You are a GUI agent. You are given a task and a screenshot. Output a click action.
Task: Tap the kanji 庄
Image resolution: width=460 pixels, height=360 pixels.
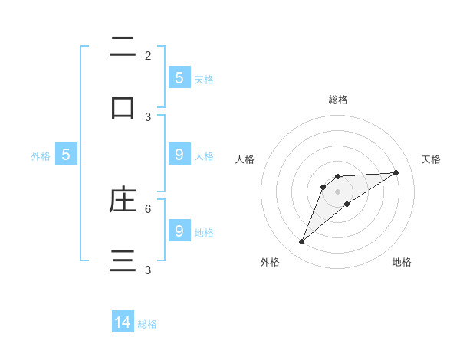(123, 200)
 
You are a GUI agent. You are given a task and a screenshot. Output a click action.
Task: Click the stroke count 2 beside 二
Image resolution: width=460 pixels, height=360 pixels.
(148, 56)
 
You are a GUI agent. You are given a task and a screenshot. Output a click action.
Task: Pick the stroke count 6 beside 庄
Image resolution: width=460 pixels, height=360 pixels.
(148, 208)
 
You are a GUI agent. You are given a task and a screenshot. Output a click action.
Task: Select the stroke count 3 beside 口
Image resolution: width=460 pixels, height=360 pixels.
(148, 117)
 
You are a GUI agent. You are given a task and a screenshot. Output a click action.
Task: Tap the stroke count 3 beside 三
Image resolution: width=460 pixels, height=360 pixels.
(148, 270)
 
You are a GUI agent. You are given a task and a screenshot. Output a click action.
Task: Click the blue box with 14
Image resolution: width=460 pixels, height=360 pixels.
(123, 323)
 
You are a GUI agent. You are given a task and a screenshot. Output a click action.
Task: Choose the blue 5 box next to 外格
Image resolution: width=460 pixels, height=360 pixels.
(66, 155)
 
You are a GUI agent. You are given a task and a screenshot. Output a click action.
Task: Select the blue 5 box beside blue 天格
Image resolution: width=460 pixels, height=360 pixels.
(179, 78)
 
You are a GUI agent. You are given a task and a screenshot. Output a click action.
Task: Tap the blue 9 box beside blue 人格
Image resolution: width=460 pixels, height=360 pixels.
(179, 155)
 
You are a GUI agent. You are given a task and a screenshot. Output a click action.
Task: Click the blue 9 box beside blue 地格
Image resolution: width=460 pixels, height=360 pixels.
(179, 231)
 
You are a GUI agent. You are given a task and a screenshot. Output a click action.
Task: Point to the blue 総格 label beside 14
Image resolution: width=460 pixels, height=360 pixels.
(147, 324)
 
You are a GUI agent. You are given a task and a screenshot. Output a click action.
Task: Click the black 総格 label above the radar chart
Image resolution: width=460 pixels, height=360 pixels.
(337, 100)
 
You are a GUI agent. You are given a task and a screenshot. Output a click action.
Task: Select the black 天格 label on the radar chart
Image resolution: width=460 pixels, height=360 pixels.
(431, 159)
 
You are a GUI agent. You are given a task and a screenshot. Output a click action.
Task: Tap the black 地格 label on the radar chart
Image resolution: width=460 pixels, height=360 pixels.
(402, 262)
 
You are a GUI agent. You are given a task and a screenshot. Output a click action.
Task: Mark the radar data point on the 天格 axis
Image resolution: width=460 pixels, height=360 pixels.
(396, 172)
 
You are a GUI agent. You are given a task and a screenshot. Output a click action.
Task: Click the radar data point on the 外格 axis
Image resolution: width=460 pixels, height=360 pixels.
(301, 242)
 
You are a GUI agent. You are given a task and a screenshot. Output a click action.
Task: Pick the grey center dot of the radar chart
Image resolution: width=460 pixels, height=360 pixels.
(337, 191)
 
